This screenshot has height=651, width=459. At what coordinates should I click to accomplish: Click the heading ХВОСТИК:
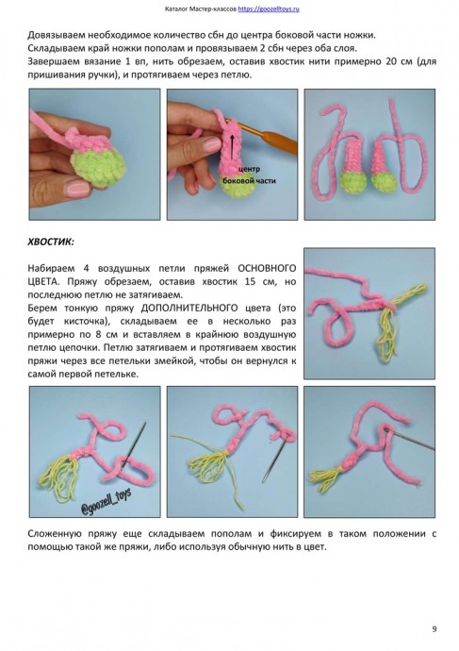[x=58, y=242]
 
